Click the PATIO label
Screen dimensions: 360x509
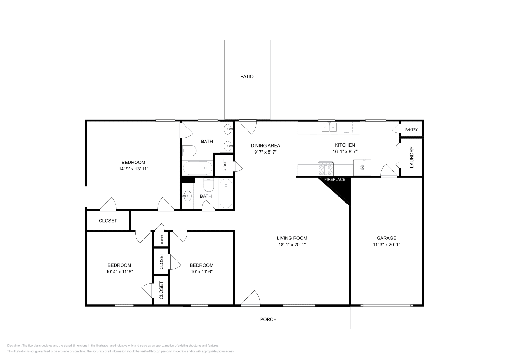[247, 76]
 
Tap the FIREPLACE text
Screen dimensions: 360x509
[335, 180]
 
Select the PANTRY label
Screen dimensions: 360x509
[411, 130]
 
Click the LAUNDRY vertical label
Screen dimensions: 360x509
[411, 157]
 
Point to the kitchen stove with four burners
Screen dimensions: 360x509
[326, 169]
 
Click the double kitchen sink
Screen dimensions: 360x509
[329, 128]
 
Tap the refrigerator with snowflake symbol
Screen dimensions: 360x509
[362, 168]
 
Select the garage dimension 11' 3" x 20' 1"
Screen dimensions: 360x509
[386, 245]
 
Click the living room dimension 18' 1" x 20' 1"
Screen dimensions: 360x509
[292, 245]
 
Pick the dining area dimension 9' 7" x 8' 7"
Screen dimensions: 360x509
[265, 152]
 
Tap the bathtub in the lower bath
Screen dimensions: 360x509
[226, 193]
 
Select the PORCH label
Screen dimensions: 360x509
[268, 319]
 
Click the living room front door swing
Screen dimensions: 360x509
[251, 299]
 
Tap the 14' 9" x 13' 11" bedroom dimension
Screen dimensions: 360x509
[134, 169]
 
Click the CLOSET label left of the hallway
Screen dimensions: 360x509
[108, 221]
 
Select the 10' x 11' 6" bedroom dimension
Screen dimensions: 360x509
[201, 272]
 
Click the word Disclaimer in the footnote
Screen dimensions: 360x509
[14, 345]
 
